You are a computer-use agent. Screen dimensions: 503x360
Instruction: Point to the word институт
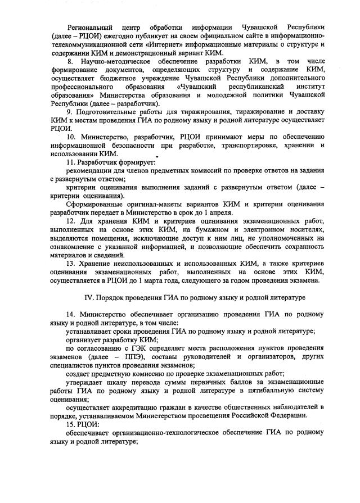308,88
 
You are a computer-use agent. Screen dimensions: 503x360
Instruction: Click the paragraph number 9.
70,114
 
